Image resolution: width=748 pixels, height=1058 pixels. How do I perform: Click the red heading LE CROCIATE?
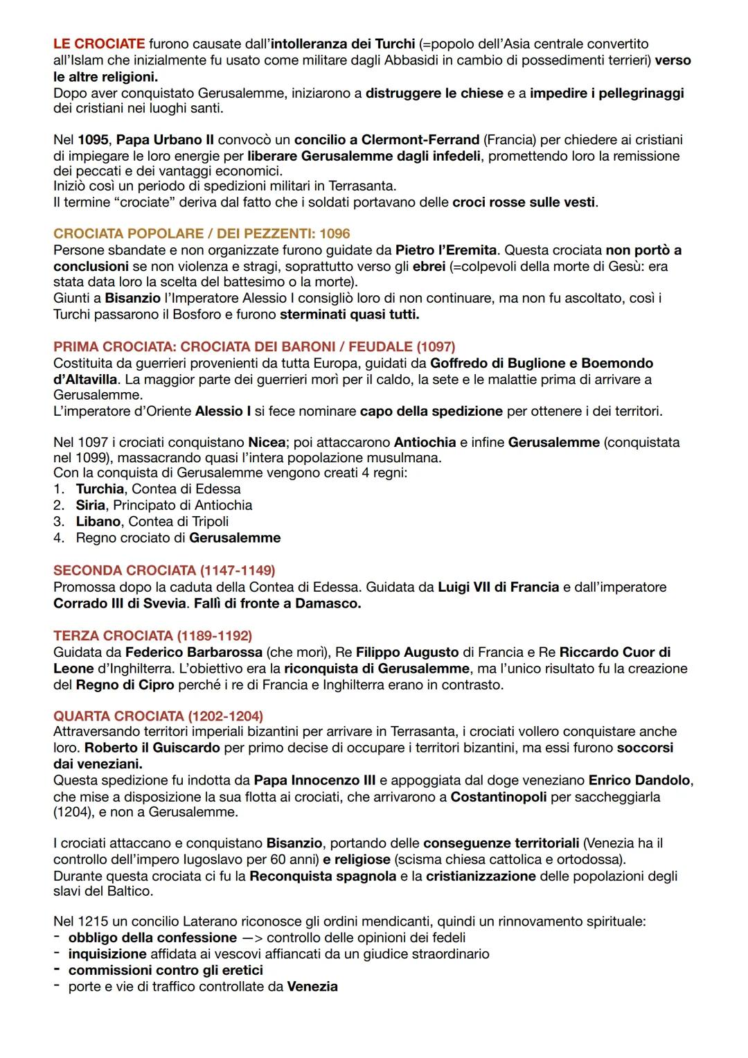click(x=99, y=44)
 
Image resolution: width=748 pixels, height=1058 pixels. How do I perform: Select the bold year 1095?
click(x=93, y=140)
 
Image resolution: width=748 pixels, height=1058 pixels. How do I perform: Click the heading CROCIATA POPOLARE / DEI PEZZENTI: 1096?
click(x=202, y=234)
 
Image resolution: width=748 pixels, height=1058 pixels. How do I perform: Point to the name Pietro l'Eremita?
click(x=445, y=250)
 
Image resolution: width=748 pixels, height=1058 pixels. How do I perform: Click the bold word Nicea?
click(x=267, y=442)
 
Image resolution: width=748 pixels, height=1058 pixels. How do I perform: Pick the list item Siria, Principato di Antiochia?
click(x=163, y=505)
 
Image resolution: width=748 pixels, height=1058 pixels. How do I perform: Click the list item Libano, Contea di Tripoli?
click(x=152, y=521)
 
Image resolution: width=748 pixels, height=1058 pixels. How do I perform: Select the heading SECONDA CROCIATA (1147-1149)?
click(x=164, y=570)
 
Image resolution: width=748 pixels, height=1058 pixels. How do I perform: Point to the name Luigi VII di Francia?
click(x=498, y=587)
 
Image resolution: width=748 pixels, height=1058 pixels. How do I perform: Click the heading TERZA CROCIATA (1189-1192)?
click(x=152, y=635)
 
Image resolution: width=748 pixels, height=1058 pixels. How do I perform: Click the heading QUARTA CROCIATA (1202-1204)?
click(x=158, y=716)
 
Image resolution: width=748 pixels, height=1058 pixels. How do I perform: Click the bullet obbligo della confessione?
click(x=152, y=937)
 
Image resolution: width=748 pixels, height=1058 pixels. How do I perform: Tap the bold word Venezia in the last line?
click(x=312, y=986)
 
